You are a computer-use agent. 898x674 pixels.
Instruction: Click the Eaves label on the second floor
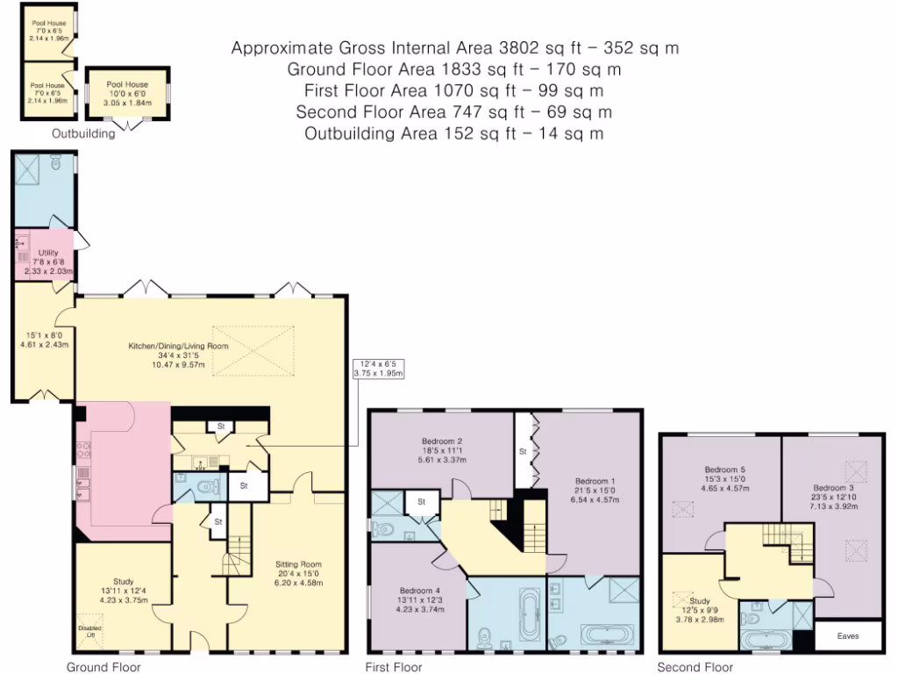[848, 635]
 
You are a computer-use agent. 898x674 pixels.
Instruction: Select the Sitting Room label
[298, 564]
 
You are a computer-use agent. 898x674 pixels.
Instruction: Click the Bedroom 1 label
[595, 482]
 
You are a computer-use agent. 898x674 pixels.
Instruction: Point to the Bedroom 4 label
[420, 591]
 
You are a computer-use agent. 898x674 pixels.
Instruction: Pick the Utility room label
[48, 253]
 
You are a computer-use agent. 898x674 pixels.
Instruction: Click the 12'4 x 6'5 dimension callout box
[378, 369]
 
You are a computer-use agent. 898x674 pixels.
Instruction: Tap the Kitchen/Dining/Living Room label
[178, 346]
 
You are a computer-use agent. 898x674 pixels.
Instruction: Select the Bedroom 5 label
[725, 470]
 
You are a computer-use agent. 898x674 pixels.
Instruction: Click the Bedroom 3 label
[833, 488]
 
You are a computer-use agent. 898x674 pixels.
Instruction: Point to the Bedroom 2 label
[442, 441]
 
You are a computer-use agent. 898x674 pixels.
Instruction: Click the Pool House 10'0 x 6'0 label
[127, 93]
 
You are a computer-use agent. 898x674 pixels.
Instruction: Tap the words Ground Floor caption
[103, 667]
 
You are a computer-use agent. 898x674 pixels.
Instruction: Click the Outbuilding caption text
[83, 133]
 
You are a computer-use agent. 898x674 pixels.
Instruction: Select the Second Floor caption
[695, 667]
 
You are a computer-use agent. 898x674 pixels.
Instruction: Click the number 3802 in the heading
[517, 47]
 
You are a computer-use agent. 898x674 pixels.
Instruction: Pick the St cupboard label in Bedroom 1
[523, 452]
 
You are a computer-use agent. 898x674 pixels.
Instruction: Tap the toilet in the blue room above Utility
[55, 162]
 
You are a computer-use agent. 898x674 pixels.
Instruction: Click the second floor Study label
[699, 601]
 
